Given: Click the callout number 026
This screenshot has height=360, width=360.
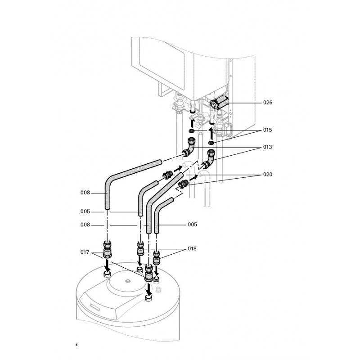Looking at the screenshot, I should click(268, 103).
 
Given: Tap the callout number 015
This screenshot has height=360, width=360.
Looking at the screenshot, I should click(268, 130).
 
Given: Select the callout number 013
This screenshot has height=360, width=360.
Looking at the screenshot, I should click(268, 147).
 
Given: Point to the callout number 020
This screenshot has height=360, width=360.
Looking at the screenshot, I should click(268, 174).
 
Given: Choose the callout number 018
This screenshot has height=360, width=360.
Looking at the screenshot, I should click(192, 248).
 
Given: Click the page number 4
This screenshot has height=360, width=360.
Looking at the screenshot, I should click(76, 346).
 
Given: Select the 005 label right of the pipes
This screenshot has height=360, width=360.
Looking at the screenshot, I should click(192, 224).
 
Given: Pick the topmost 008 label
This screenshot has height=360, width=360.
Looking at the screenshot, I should click(85, 193).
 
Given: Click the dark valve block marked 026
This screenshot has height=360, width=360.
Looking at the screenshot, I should click(219, 103).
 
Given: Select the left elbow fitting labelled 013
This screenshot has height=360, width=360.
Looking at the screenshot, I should click(189, 147).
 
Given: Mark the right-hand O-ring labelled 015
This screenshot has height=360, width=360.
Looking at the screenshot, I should click(211, 143).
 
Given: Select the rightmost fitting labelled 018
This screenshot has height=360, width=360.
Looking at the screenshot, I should click(157, 257).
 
